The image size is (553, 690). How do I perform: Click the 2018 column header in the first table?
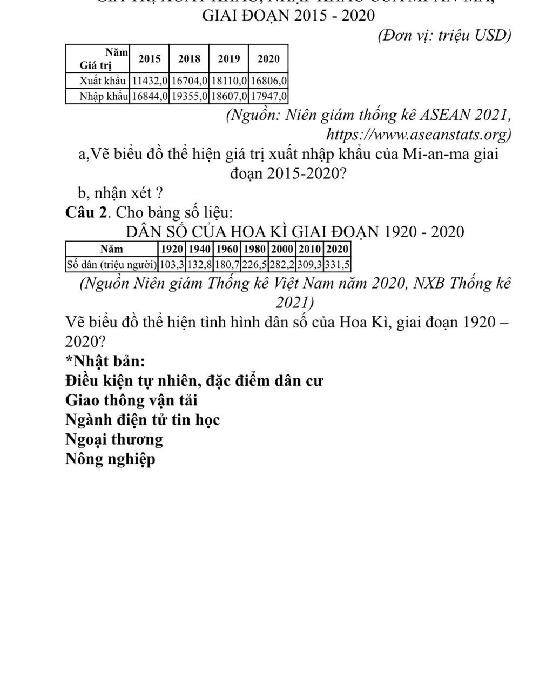point(189,59)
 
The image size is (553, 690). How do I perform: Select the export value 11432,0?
point(150,81)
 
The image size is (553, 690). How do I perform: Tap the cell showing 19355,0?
point(189,97)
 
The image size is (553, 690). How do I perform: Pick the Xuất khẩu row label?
point(102,81)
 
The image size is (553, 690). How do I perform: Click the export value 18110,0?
point(229,81)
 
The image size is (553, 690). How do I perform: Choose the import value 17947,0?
point(268,97)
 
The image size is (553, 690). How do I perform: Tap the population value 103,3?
point(172,265)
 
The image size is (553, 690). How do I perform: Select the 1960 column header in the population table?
point(227,249)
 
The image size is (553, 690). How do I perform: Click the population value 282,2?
point(282,265)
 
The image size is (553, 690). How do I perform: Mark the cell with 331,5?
point(338,265)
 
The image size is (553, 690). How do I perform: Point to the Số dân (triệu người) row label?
point(112,265)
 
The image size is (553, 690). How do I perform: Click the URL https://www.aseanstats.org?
point(419,133)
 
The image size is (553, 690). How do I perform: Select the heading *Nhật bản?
point(105,361)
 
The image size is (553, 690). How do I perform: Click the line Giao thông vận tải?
point(131,400)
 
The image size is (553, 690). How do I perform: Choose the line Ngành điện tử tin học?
point(143,420)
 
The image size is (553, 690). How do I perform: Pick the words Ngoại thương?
point(114,439)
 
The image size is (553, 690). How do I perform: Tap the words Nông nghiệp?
point(110,459)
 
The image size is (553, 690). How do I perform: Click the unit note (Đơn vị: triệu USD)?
point(444,35)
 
